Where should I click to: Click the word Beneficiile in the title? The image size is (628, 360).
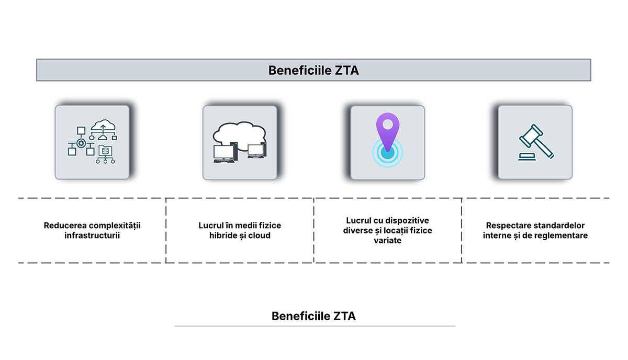(x=299, y=70)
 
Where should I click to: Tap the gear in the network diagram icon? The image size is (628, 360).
(x=81, y=142)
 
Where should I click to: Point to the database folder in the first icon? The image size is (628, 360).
(x=106, y=150)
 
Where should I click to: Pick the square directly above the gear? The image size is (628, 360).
(x=81, y=130)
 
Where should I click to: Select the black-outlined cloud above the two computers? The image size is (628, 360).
(x=239, y=133)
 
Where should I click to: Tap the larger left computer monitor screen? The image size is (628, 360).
(x=224, y=152)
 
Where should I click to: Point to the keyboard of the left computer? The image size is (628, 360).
(x=224, y=162)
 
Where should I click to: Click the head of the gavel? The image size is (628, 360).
(x=529, y=136)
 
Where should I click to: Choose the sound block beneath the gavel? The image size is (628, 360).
(x=525, y=157)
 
